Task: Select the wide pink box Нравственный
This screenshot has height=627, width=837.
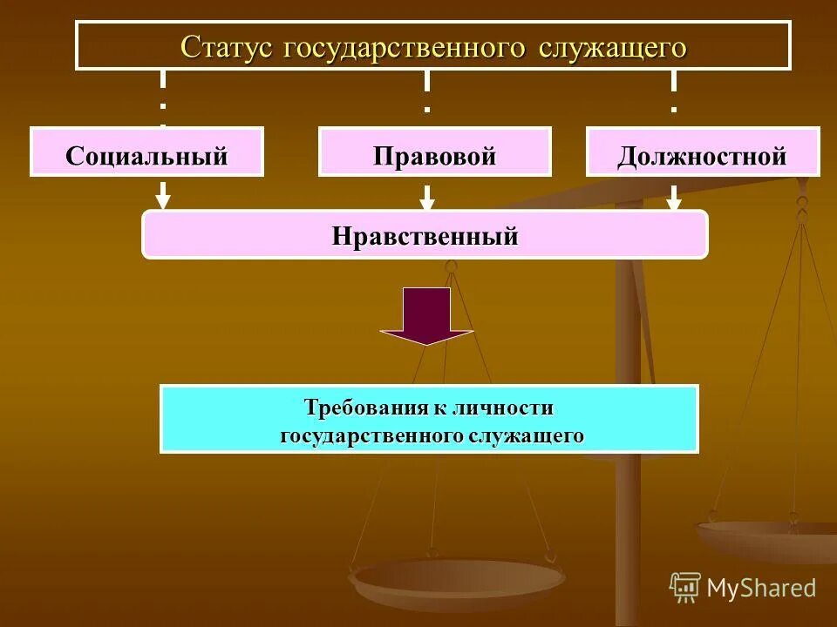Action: (425, 234)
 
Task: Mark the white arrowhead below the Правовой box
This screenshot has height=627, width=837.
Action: (426, 201)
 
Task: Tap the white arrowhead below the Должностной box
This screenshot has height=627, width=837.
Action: (673, 201)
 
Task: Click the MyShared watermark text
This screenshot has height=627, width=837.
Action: (760, 588)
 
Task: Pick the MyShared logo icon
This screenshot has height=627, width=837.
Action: (685, 587)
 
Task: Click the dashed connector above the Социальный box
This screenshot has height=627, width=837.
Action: (162, 96)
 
